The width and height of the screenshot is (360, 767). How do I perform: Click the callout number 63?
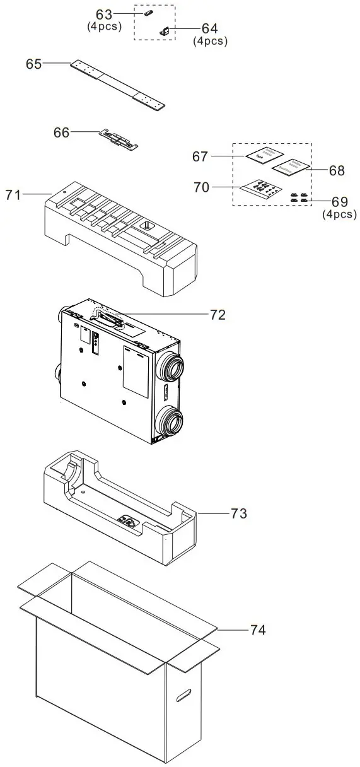click(103, 14)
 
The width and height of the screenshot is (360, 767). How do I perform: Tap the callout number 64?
click(209, 29)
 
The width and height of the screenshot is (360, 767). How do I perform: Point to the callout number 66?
click(62, 132)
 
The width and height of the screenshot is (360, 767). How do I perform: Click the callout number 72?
click(218, 315)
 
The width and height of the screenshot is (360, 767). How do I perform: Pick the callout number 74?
click(257, 629)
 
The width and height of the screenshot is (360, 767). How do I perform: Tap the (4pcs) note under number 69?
click(339, 214)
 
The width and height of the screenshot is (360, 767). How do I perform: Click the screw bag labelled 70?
click(261, 188)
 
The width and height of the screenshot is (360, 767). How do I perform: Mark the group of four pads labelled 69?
click(299, 197)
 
